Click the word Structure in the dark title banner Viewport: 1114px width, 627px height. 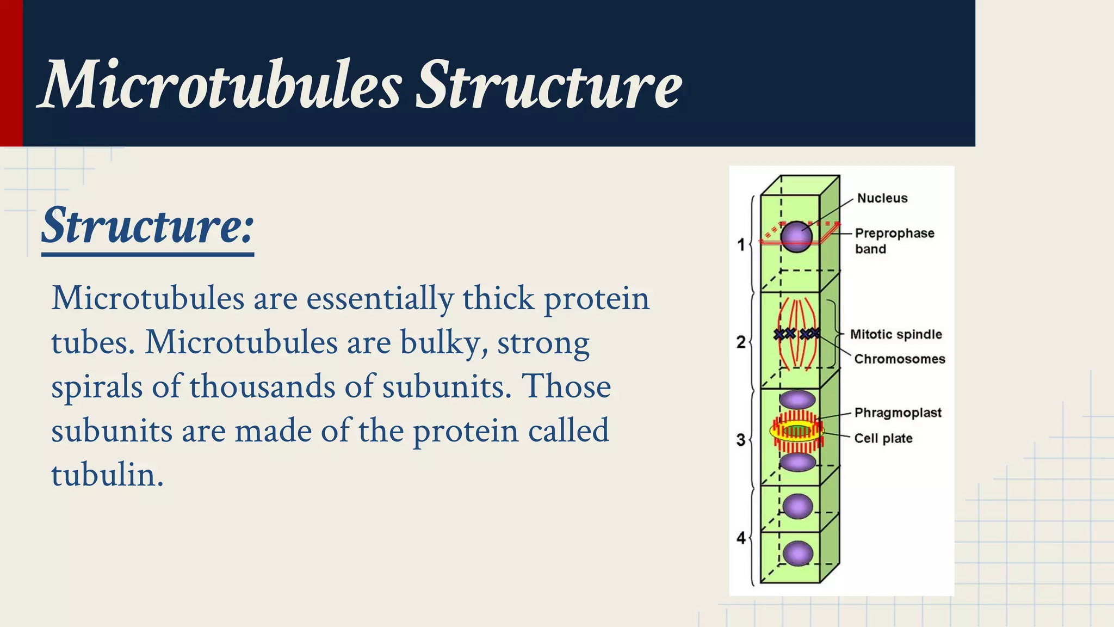coord(548,85)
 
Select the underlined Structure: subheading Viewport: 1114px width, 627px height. coord(147,226)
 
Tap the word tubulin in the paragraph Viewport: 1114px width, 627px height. coord(107,475)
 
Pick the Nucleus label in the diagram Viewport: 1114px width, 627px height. coord(882,198)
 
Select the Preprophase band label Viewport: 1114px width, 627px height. coord(894,241)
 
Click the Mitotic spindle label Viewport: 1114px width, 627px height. coord(895,334)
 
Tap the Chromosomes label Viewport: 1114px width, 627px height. coord(899,359)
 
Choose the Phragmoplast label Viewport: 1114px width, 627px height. coord(898,413)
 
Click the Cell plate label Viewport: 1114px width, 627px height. coord(883,438)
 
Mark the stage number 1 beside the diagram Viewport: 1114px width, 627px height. coord(740,244)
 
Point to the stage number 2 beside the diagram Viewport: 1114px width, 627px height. coord(740,342)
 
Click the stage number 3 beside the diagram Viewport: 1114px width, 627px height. coord(740,439)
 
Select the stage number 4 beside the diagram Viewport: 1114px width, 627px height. coord(740,538)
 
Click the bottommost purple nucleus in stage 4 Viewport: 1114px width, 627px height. coord(798,554)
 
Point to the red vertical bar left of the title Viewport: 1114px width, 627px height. coord(11,73)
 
